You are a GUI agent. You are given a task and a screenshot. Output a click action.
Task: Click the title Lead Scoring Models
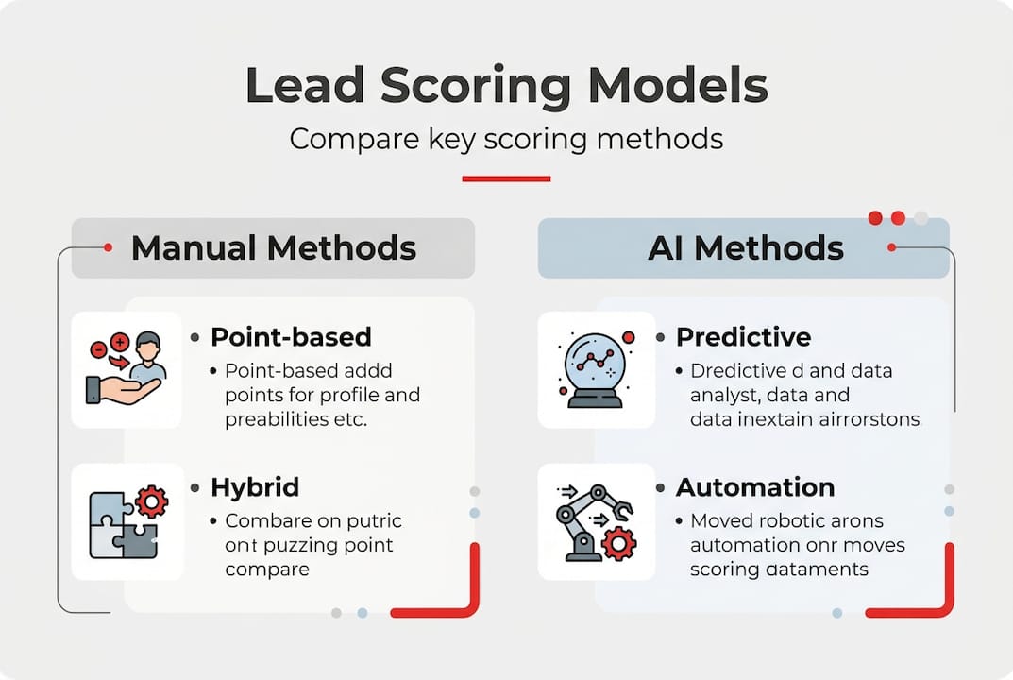[506, 86]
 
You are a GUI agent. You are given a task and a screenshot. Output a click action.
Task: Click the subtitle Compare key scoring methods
[506, 139]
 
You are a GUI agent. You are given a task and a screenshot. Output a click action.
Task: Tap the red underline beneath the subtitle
[506, 178]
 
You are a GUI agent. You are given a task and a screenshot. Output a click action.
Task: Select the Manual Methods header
[273, 248]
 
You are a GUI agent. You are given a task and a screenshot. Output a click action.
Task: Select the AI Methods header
[745, 248]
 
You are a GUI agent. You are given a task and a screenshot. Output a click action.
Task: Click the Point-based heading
[291, 337]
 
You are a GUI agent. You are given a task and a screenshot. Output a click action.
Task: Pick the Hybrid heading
[255, 487]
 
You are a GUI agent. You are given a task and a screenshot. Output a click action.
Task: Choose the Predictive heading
[744, 337]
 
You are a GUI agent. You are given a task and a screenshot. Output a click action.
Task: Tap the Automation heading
[755, 487]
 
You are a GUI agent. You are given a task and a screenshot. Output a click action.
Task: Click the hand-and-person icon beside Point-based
[127, 369]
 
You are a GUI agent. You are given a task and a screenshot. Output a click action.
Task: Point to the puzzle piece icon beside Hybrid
[127, 521]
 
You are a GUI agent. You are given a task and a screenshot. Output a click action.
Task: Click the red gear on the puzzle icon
[151, 501]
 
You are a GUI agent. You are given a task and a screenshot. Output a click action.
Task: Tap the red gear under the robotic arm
[618, 543]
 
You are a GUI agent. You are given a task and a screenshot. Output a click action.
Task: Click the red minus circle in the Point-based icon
[97, 348]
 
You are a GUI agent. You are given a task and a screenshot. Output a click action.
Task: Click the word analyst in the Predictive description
[722, 395]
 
